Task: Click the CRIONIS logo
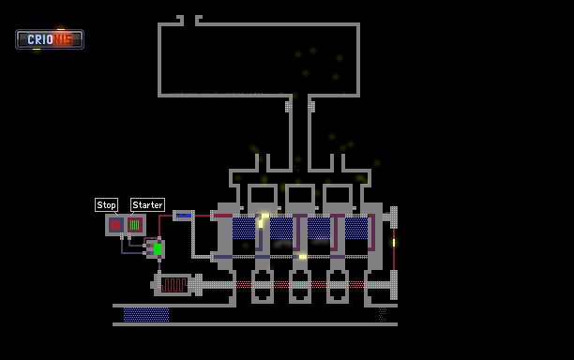point(50,39)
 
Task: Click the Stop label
point(106,205)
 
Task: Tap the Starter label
point(147,205)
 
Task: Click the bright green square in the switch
point(158,249)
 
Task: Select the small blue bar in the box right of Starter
point(184,216)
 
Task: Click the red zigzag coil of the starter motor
point(174,285)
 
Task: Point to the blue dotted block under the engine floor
point(146,315)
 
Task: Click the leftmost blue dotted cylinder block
point(244,229)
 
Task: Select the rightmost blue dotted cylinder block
point(356,229)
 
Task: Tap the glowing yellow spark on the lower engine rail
point(303,257)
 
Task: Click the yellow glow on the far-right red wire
point(394,243)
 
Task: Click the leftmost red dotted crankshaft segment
point(244,285)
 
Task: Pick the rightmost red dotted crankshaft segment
point(356,285)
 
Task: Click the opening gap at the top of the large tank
point(189,21)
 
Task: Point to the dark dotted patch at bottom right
point(383,315)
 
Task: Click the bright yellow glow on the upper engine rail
point(264,217)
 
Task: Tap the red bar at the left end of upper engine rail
point(223,216)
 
